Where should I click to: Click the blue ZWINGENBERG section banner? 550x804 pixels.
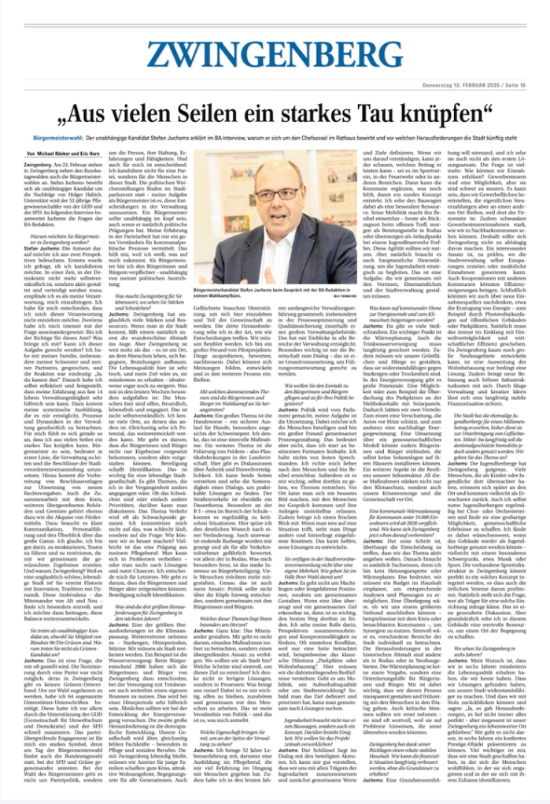[x=275, y=53]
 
